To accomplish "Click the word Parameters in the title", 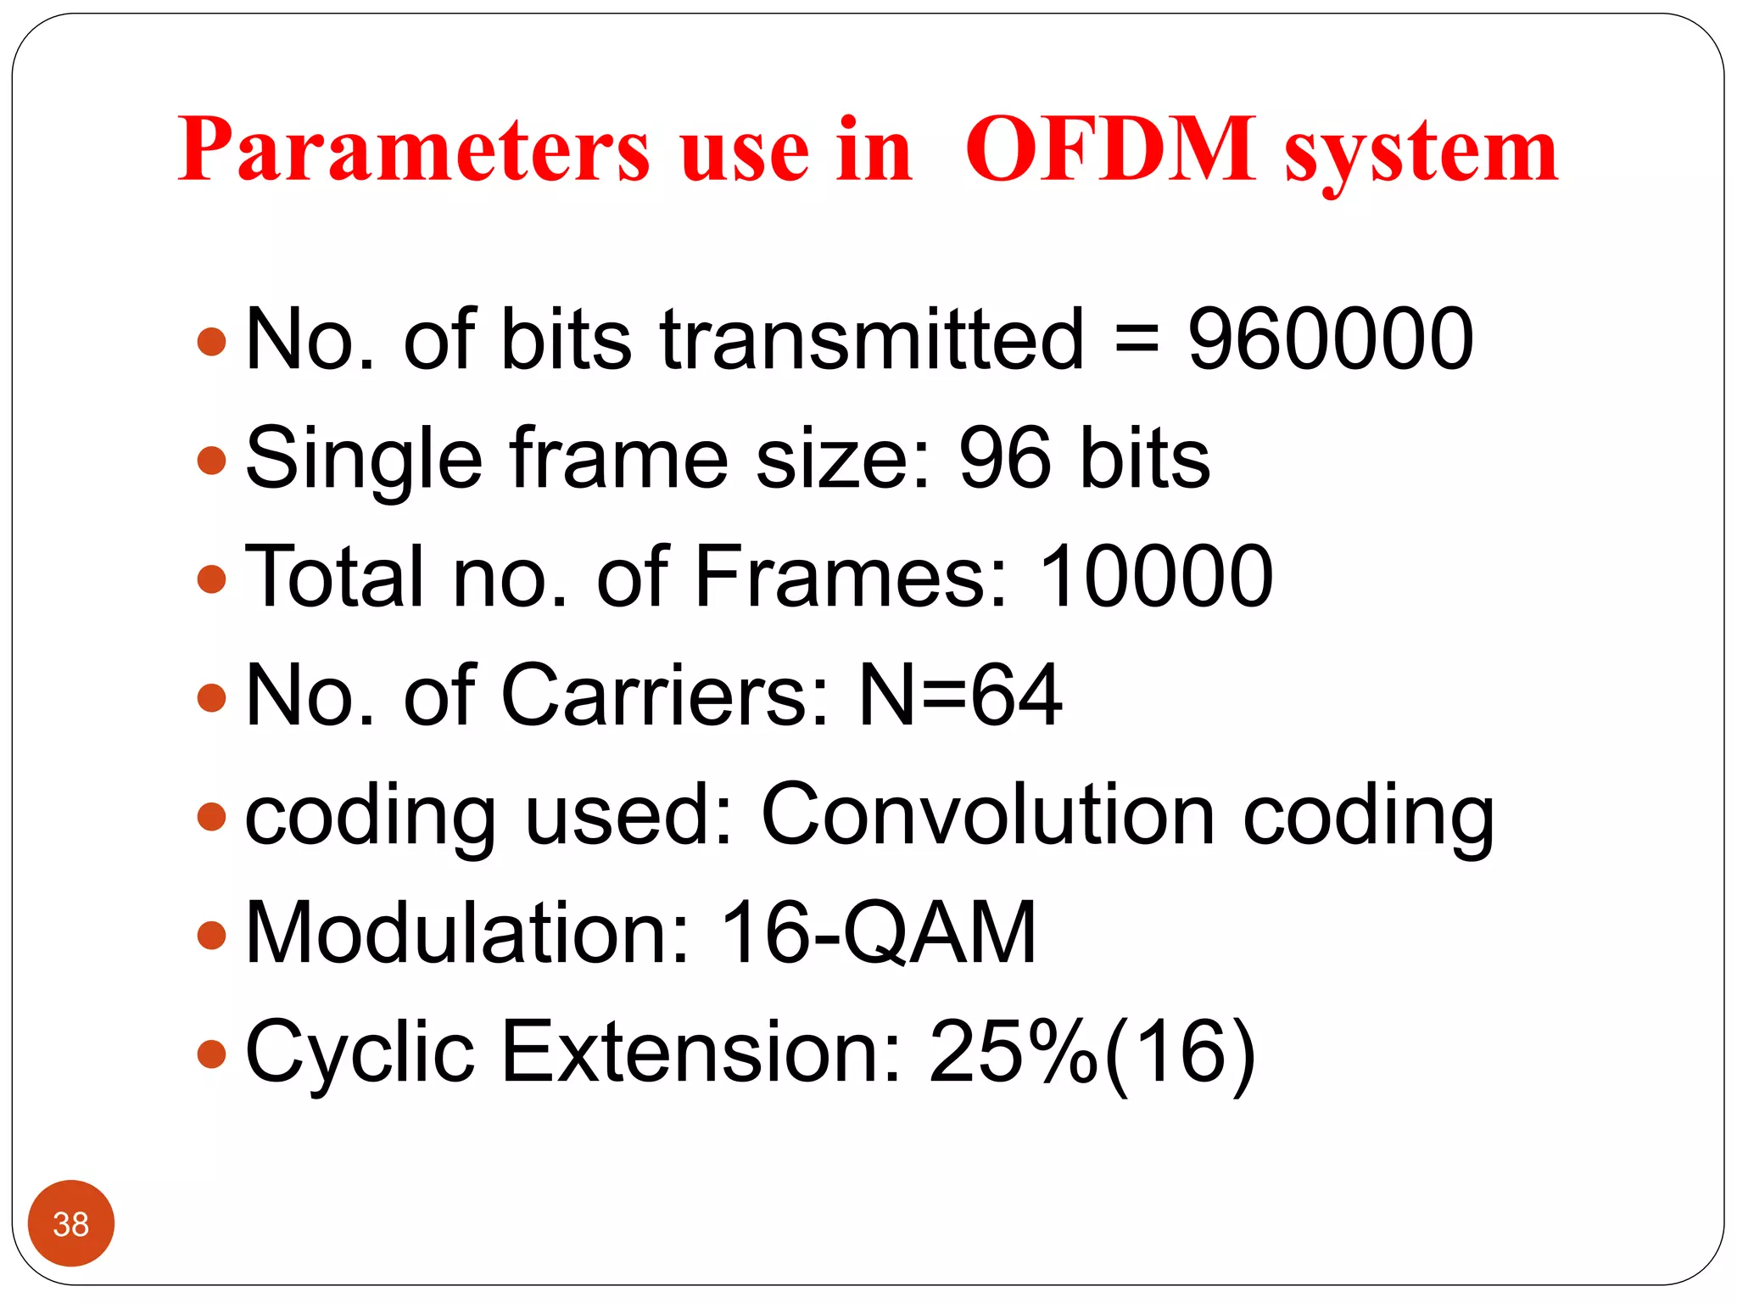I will (414, 150).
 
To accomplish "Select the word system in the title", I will (1421, 153).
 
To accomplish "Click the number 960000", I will (1330, 339).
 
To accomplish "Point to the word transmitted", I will (872, 339).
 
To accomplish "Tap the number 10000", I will (1155, 577).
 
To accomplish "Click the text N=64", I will (959, 696).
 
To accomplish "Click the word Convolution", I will (988, 814).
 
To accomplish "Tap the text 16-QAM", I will (878, 933).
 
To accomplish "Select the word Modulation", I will (467, 933).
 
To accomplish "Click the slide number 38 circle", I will (70, 1223).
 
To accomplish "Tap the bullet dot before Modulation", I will (211, 936).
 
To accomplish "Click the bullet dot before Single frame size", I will (211, 461).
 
